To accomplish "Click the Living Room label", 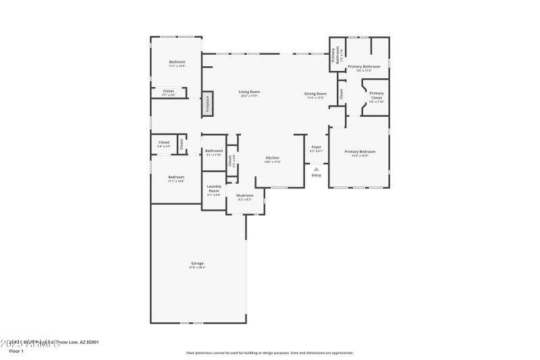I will point(250,92).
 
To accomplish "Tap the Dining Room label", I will point(317,94).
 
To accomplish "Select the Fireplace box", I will point(208,105).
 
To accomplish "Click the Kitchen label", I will point(273,158).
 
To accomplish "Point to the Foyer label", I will point(316,147).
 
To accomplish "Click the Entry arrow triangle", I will point(316,169).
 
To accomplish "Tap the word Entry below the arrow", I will point(316,176).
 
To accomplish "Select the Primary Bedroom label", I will point(360,152).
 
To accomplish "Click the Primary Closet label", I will point(376,95).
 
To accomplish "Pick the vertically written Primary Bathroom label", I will point(334,57).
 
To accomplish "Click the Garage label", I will point(197,263).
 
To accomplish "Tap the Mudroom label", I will point(244,196).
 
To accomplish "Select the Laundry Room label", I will point(214,188).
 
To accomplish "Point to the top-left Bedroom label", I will point(177,62).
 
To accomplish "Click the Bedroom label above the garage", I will point(176,177).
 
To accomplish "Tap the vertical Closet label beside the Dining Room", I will point(342,95).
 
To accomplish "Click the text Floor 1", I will point(16,351).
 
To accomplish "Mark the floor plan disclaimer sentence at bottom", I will point(270,353).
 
